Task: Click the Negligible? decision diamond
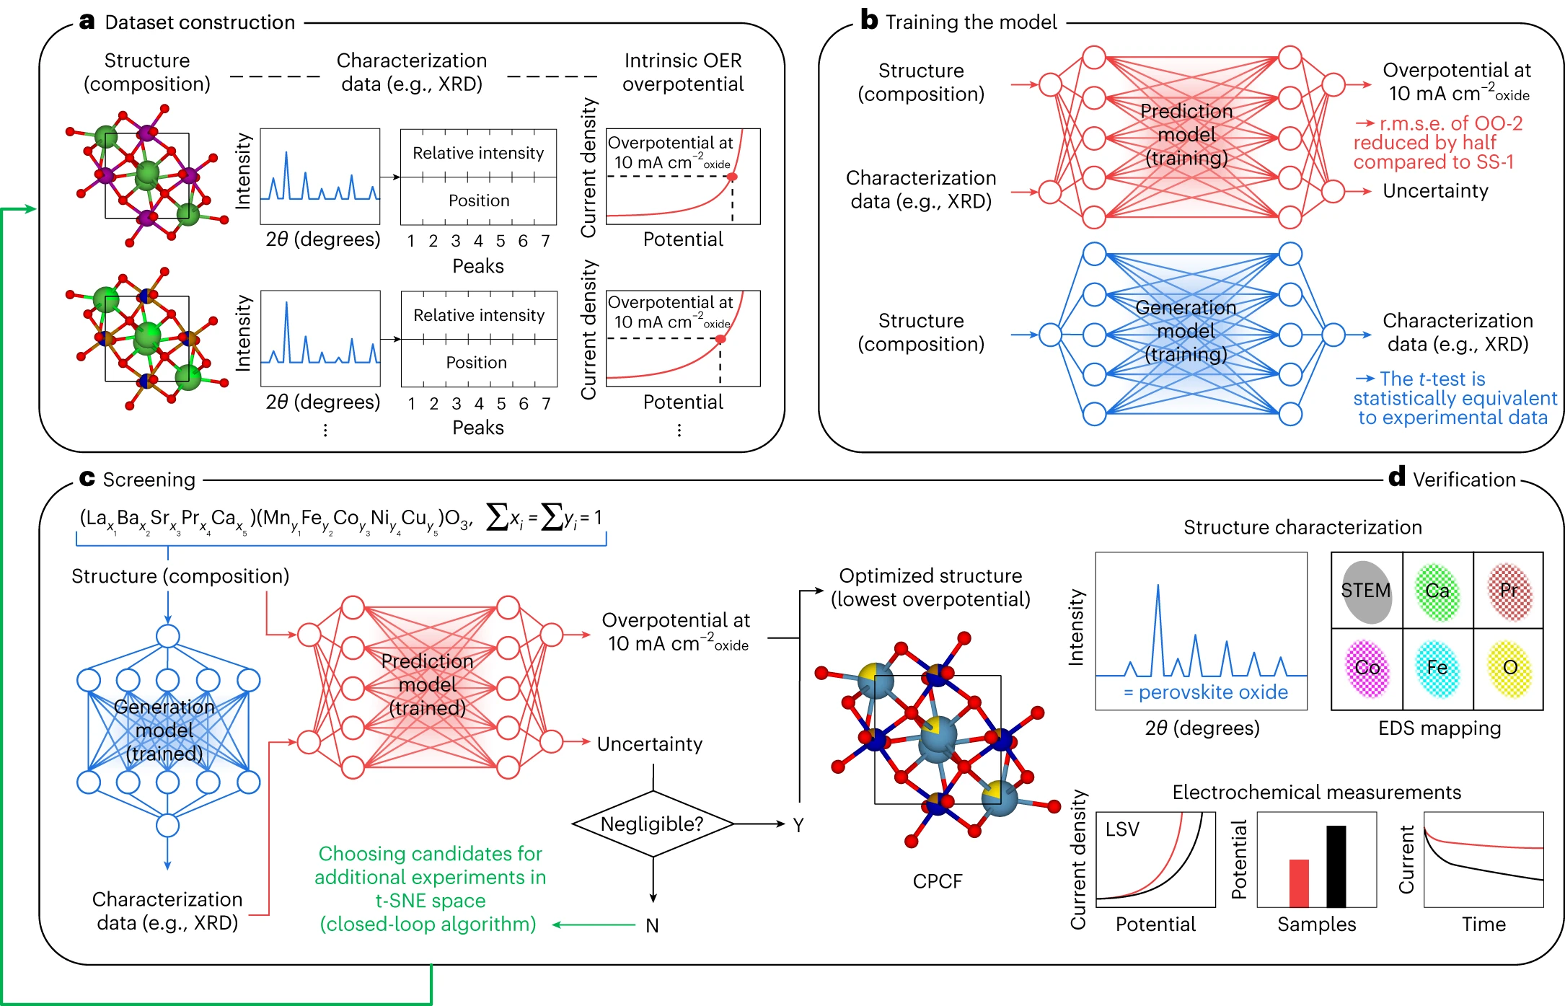click(653, 824)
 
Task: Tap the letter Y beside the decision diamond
click(798, 825)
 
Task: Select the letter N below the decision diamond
click(652, 925)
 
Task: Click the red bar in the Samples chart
click(1299, 883)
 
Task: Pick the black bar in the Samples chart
click(1336, 866)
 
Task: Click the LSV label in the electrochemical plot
click(1122, 829)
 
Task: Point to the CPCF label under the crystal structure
click(938, 881)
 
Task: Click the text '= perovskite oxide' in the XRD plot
click(1206, 692)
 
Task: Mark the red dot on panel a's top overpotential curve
click(732, 177)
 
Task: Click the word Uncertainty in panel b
click(1435, 191)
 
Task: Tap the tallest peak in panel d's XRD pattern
click(1158, 586)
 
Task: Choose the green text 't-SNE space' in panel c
click(431, 901)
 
